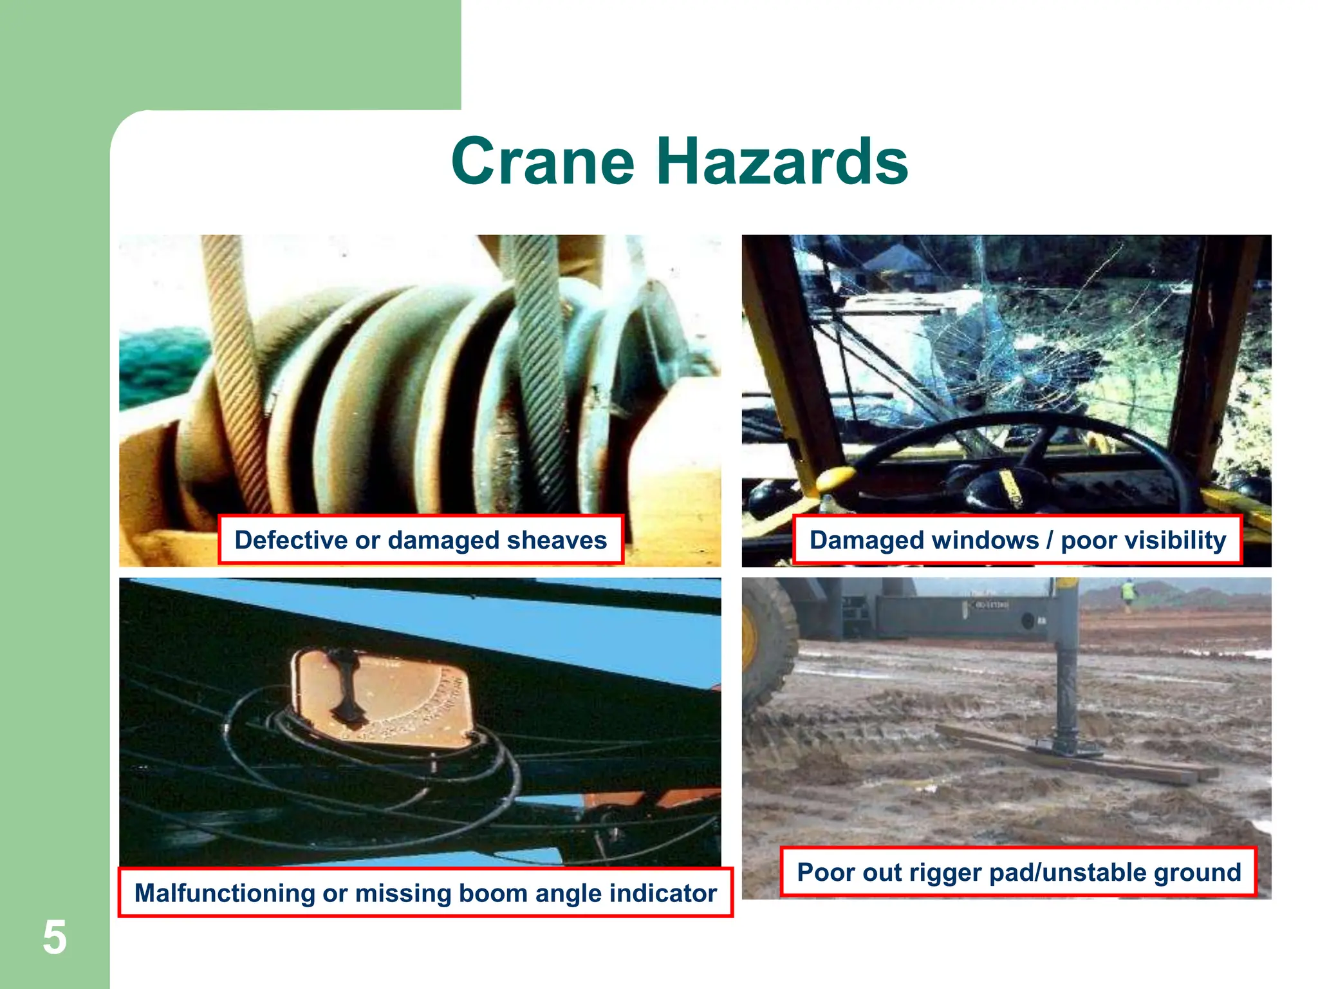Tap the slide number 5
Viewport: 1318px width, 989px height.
click(x=55, y=937)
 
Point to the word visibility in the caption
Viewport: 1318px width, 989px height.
click(x=1143, y=540)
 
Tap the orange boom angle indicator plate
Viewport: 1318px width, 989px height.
click(x=386, y=699)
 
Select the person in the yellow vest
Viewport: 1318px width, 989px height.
click(x=1128, y=593)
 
